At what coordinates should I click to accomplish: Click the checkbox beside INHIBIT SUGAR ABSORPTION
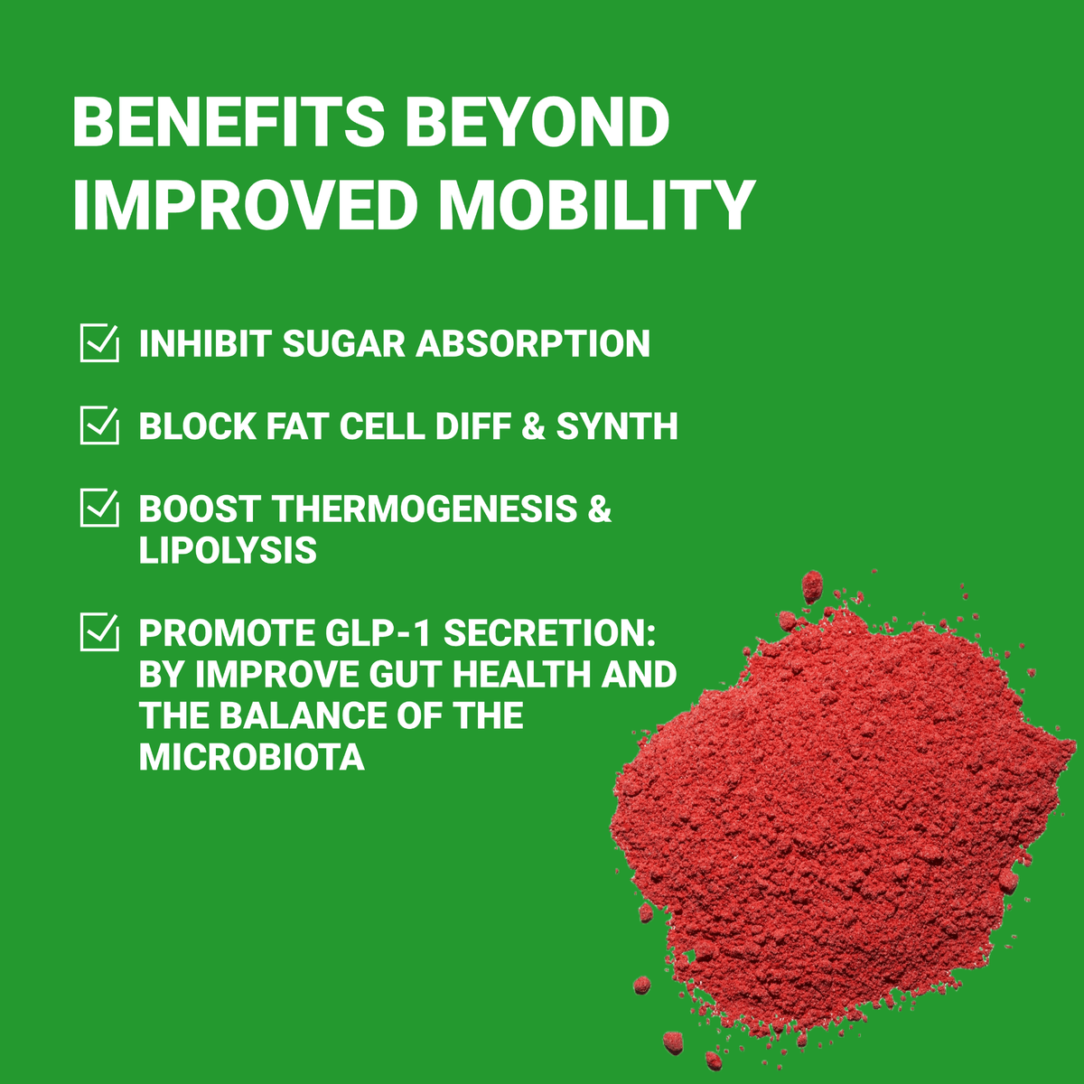point(99,342)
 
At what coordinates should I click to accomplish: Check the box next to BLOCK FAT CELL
point(99,425)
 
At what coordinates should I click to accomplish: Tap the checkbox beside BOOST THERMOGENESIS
point(99,508)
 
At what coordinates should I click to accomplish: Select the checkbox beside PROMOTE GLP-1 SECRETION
point(99,631)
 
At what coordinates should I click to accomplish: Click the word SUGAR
point(343,343)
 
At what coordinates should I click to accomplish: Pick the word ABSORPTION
point(533,343)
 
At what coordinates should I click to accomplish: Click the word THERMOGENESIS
point(425,509)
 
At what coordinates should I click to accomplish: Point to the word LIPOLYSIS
point(228,549)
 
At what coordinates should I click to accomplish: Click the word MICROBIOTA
point(251,757)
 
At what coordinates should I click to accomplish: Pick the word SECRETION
point(550,633)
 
